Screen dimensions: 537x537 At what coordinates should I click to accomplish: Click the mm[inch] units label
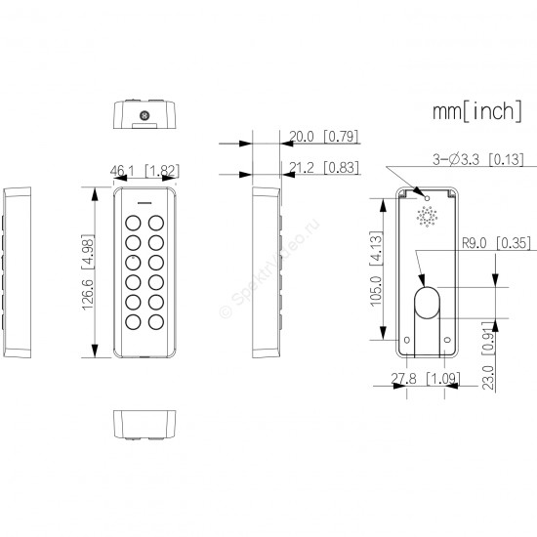(477, 111)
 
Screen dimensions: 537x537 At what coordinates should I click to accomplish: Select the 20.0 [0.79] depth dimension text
(323, 137)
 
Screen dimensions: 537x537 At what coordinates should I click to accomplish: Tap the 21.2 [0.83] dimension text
(323, 168)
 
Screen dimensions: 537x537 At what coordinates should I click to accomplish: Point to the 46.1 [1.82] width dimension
(145, 171)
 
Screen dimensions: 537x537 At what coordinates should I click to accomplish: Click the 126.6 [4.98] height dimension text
(88, 272)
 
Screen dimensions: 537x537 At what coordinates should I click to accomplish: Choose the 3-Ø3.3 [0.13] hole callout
(478, 159)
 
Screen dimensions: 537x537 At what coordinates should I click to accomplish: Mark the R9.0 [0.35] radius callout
(496, 243)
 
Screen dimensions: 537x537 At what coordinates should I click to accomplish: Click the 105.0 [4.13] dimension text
(376, 268)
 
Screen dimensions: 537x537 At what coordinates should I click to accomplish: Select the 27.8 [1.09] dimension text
(426, 379)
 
